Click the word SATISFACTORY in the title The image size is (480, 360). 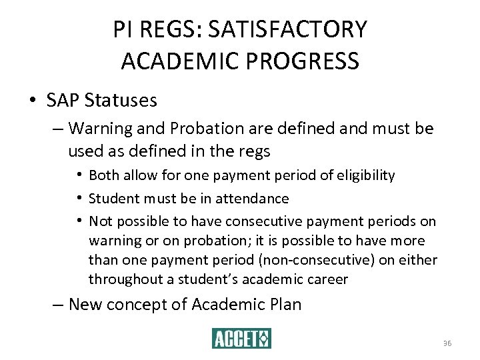pyautogui.click(x=287, y=29)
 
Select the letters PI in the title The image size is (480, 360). pyautogui.click(x=123, y=29)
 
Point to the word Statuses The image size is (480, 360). pyautogui.click(x=121, y=101)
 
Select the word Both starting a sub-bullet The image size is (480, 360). pyautogui.click(x=103, y=175)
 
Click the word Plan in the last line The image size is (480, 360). pyautogui.click(x=285, y=305)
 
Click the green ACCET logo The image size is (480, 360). pyautogui.click(x=241, y=338)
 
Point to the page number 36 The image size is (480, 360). pyautogui.click(x=447, y=343)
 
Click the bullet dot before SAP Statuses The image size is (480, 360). pyautogui.click(x=33, y=101)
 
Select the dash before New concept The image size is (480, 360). pyautogui.click(x=58, y=305)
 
